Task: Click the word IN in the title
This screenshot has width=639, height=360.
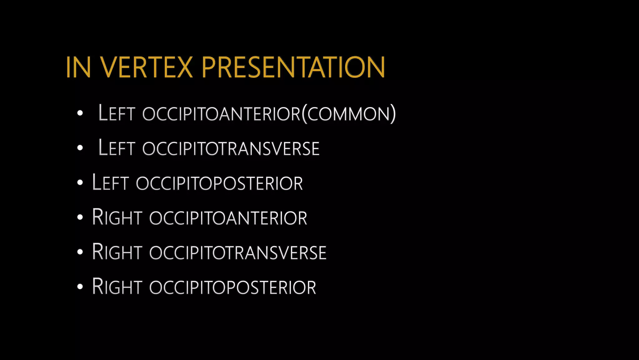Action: [x=78, y=67]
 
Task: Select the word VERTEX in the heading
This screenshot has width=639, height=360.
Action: [x=147, y=67]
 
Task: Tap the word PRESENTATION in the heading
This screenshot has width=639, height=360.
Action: [x=293, y=67]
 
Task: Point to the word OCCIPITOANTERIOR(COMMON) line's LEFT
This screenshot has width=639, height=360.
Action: [x=116, y=113]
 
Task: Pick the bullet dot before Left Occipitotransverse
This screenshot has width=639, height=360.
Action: [x=80, y=148]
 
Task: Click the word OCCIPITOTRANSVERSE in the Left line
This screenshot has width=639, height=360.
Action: [x=231, y=148]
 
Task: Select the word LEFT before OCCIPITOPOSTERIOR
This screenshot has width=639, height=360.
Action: [x=110, y=183]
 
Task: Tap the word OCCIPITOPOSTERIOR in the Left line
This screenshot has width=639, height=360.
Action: [x=219, y=183]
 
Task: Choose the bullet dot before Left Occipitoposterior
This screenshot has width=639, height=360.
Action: [x=80, y=182]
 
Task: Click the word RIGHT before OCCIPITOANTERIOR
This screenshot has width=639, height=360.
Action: [x=117, y=217]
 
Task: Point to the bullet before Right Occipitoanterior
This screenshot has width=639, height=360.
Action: [x=80, y=217]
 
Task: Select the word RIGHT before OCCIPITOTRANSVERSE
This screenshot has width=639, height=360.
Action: [x=117, y=252]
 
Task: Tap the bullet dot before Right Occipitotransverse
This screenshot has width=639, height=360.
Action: [x=80, y=252]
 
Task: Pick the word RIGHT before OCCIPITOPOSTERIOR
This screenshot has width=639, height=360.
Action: [x=117, y=287]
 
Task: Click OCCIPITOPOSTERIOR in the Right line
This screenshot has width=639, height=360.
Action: [x=233, y=287]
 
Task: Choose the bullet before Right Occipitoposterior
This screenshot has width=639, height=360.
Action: [x=80, y=287]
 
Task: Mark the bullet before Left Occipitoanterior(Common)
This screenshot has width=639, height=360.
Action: [x=80, y=113]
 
